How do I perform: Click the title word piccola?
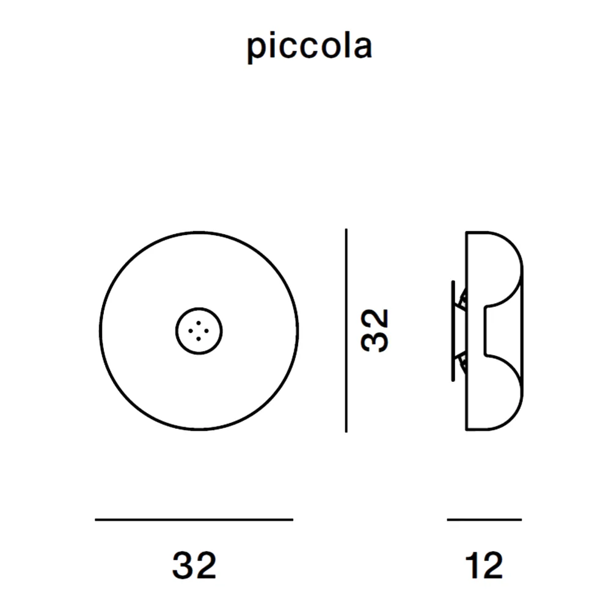[309, 47]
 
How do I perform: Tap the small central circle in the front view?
[199, 308]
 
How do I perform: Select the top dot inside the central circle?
[199, 323]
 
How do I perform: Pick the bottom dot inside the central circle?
[199, 339]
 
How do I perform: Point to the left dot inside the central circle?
[191, 331]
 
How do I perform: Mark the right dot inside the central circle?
[207, 331]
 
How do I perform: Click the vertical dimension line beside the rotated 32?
[346, 331]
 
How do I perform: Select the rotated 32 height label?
[375, 331]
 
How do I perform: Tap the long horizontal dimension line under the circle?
[194, 519]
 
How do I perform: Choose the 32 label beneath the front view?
[194, 565]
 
